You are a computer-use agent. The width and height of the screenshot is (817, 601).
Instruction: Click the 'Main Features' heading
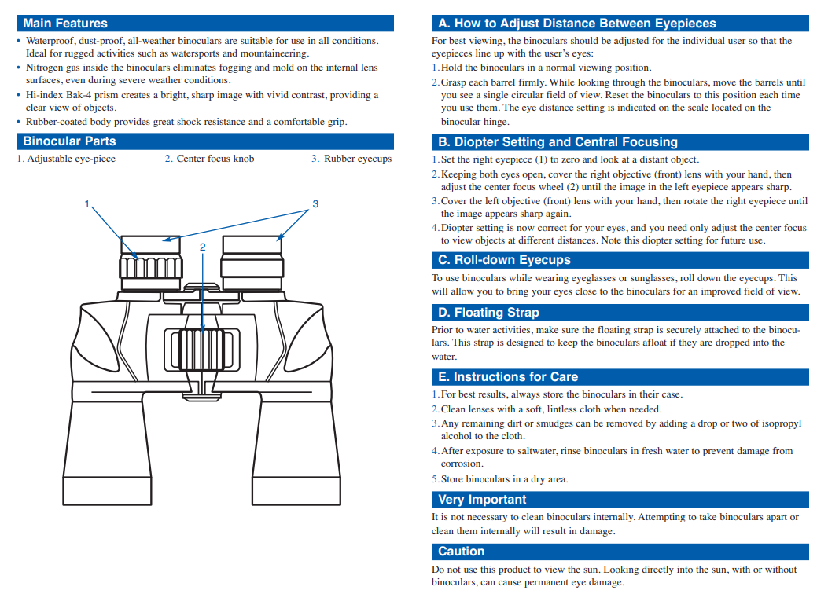(x=65, y=24)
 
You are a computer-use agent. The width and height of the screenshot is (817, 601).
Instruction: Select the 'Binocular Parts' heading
(x=69, y=141)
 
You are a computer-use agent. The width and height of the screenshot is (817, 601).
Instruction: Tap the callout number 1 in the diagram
(x=87, y=204)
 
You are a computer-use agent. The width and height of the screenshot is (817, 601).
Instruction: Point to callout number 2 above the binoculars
(x=203, y=247)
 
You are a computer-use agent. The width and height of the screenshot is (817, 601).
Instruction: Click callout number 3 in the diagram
(x=315, y=204)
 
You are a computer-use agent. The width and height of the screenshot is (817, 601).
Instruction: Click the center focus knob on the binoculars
(x=202, y=350)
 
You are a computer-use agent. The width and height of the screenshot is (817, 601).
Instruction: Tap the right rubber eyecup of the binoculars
(x=252, y=245)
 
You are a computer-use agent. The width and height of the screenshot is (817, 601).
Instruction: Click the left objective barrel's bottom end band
(x=108, y=490)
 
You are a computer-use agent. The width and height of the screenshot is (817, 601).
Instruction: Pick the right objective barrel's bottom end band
(x=296, y=490)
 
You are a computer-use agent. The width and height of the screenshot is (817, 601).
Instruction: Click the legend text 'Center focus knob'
(x=215, y=159)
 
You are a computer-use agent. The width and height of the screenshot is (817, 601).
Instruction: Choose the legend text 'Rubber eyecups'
(x=358, y=159)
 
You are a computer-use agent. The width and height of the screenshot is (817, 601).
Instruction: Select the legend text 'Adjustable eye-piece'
(x=72, y=159)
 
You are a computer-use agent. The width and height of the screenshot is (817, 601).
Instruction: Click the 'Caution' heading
(x=461, y=552)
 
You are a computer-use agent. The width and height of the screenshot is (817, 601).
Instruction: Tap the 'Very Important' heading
(x=482, y=500)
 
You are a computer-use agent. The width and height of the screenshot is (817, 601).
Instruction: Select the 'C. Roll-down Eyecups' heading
(x=504, y=260)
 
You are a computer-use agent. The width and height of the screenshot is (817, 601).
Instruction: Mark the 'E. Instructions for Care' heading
(x=508, y=377)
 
